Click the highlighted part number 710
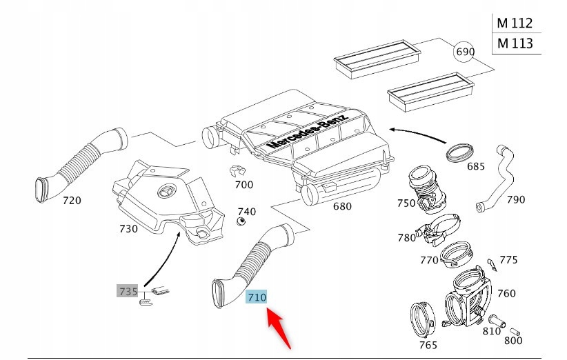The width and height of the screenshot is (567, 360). tap(256, 298)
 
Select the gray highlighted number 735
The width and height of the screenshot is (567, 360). tap(128, 291)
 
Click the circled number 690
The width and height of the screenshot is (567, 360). tap(466, 52)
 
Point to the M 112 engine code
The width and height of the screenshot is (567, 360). tap(515, 23)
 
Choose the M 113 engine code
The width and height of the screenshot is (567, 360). tap(515, 43)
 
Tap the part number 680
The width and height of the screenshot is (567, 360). tap(341, 206)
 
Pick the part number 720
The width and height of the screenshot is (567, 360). tap(72, 201)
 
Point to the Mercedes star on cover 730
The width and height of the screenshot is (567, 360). tap(166, 192)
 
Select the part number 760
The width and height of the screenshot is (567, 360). tap(506, 293)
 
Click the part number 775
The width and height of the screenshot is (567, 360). tap(508, 259)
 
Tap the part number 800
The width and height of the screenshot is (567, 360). tap(513, 340)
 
